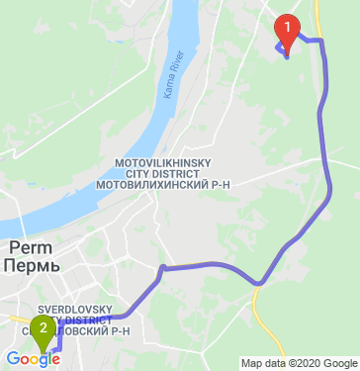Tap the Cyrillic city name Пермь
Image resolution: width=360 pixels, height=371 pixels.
tap(31, 266)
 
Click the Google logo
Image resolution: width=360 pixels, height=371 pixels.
tap(33, 359)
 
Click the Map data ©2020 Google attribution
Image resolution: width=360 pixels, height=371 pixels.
tap(299, 363)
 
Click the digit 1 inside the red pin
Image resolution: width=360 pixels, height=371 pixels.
tap(287, 26)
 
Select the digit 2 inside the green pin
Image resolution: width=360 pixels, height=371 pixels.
tap(44, 327)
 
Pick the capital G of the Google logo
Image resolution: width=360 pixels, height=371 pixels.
tap(12, 358)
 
